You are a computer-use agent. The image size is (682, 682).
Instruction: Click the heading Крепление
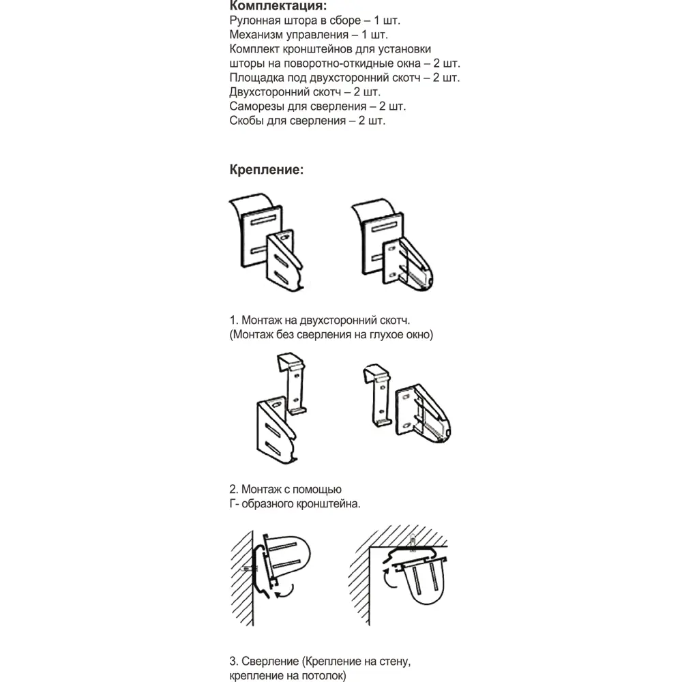point(267,169)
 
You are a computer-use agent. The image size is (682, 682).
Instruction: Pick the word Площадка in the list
point(257,78)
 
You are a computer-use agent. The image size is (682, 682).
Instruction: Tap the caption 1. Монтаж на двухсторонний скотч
point(323,320)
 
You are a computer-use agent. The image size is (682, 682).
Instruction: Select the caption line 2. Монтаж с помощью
point(286,490)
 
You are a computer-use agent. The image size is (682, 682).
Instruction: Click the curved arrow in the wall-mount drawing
point(285,591)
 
